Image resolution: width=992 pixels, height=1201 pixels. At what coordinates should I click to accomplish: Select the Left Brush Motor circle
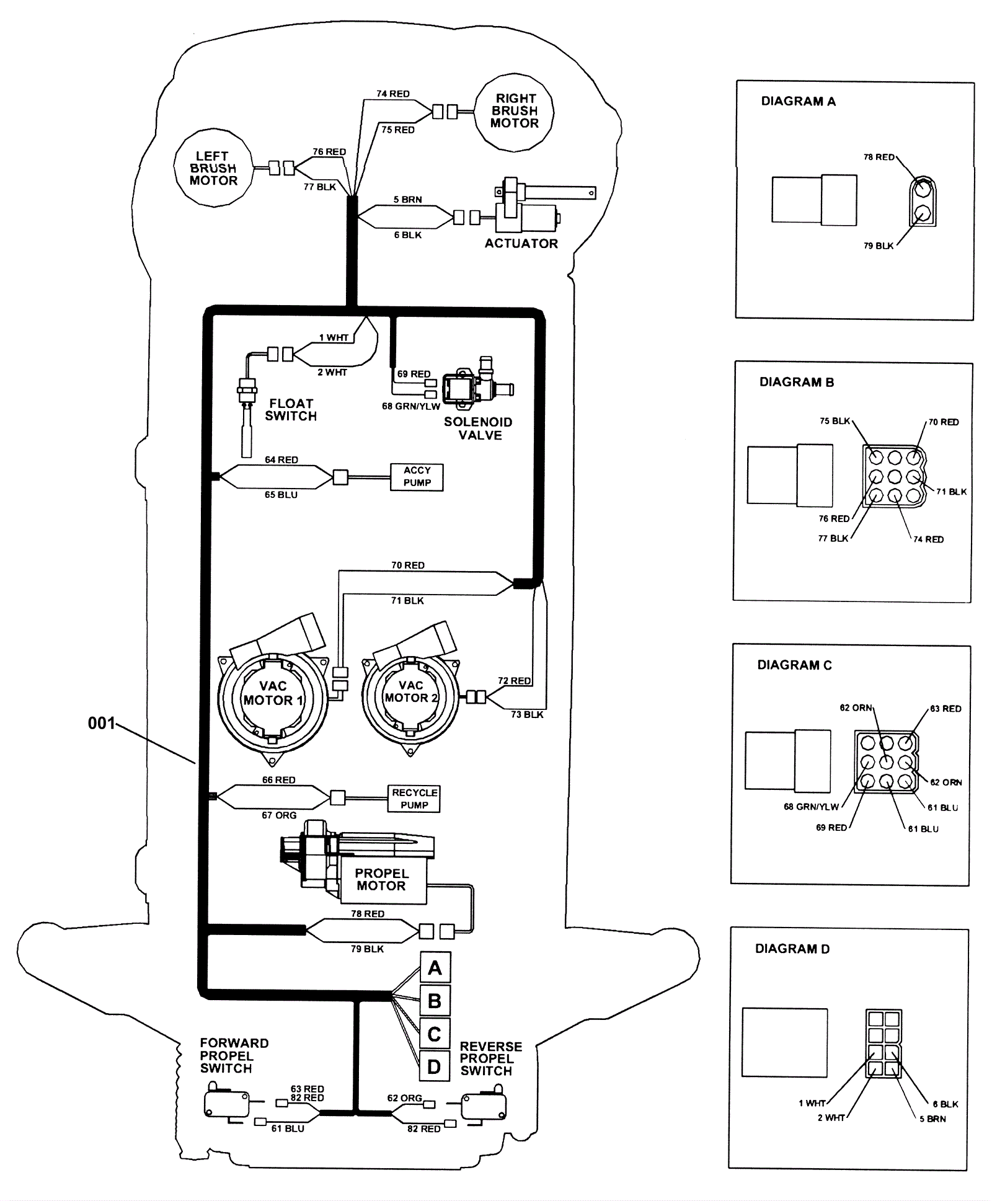[213, 168]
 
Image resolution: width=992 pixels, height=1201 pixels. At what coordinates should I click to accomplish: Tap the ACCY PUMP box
[417, 477]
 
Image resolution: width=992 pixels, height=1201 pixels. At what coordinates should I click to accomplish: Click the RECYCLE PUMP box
[415, 799]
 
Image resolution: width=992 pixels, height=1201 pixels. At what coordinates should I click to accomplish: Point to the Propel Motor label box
[382, 880]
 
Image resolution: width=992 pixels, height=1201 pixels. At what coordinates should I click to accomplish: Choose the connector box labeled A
[435, 968]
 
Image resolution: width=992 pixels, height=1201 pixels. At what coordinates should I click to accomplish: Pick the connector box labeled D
[435, 1066]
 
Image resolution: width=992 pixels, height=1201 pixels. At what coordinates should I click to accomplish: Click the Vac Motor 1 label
[273, 693]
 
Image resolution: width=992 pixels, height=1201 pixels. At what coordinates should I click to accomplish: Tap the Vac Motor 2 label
[411, 691]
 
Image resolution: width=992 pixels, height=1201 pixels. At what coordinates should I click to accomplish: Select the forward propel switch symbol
[227, 1101]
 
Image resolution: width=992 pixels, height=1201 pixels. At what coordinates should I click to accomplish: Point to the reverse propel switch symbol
[484, 1104]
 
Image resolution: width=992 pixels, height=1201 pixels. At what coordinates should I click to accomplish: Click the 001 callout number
[102, 723]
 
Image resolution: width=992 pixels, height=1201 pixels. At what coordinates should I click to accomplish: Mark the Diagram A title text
[799, 101]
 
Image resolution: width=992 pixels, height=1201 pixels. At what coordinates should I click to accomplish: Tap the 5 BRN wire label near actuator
[408, 200]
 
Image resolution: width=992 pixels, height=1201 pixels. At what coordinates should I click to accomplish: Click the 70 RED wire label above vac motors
[408, 565]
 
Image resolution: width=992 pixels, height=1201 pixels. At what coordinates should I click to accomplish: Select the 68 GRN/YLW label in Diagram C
[811, 807]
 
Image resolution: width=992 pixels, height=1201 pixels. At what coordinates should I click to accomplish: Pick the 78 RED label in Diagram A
[879, 157]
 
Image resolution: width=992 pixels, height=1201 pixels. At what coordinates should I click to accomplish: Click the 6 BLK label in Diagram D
[945, 1104]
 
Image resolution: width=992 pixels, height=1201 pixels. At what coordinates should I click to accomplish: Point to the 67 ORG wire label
[279, 815]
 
